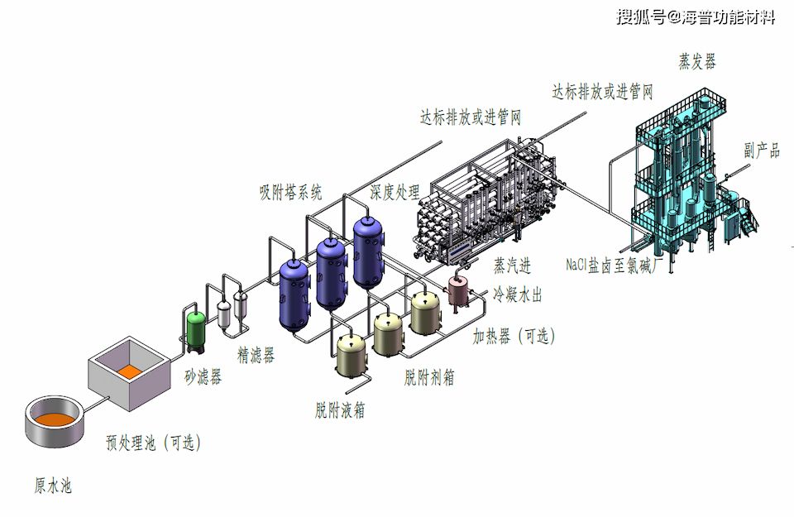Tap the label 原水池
[x=52, y=486]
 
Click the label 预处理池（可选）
[x=153, y=443]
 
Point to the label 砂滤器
[x=203, y=377]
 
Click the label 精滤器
[x=256, y=356]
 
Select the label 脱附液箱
[x=340, y=409]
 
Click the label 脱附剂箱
[x=428, y=378]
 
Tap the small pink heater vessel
[x=457, y=290]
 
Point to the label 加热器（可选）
[x=514, y=336]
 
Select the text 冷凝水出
[x=518, y=294]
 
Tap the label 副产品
[x=761, y=151]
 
